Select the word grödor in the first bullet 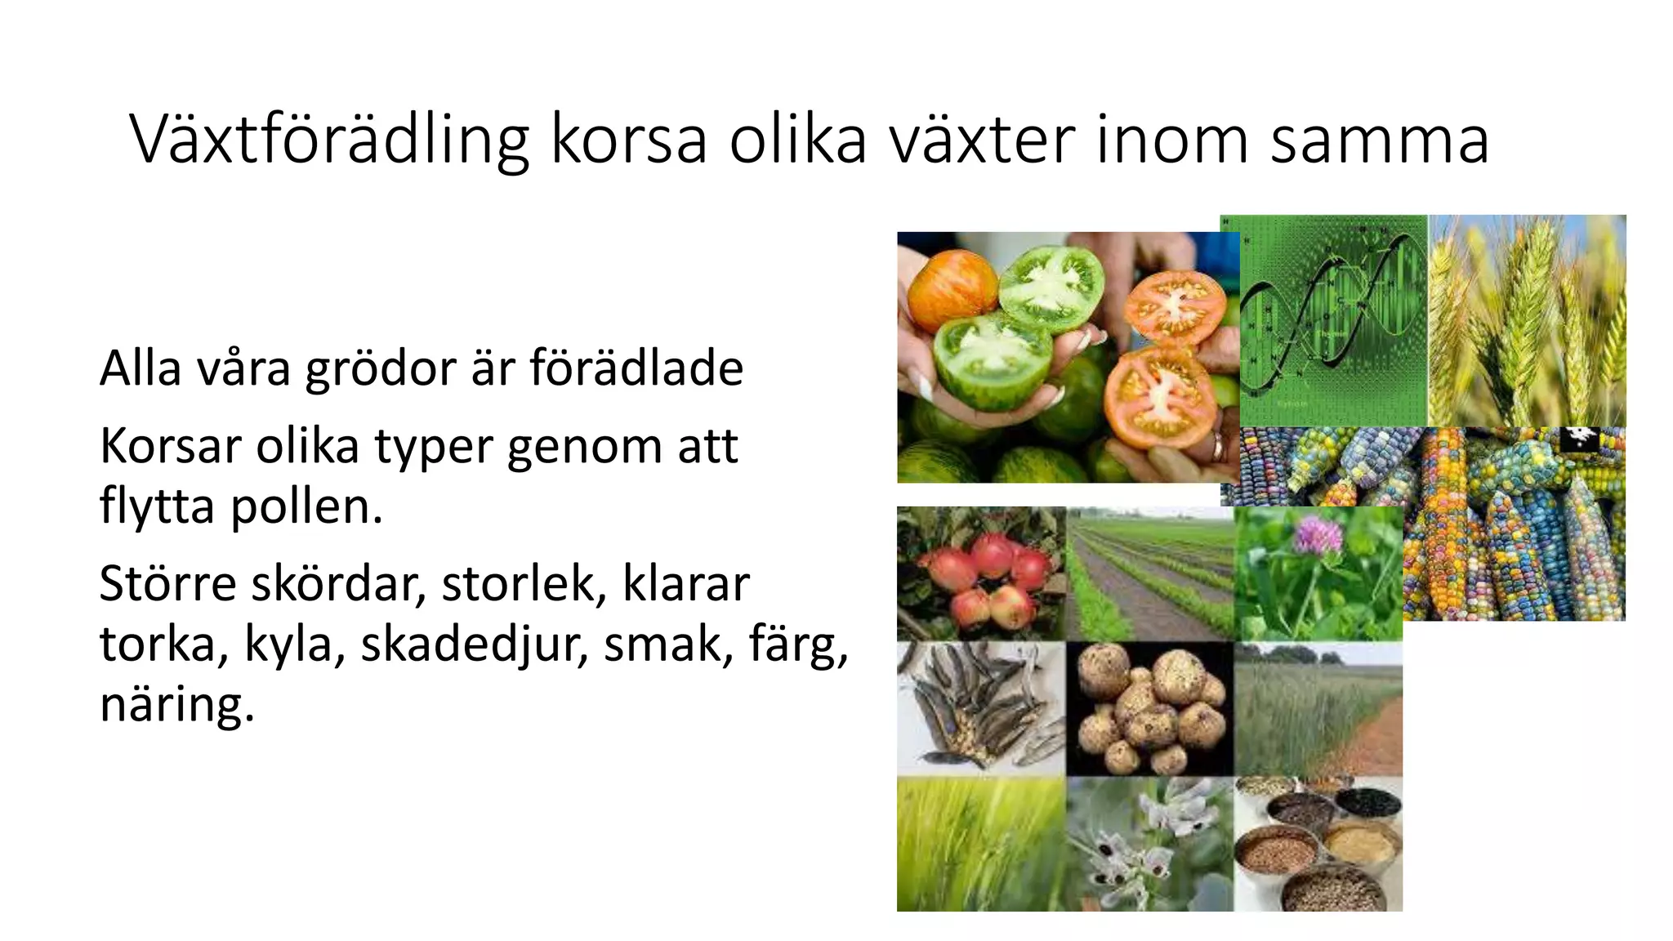click(381, 369)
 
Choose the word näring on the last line click(176, 704)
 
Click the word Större click(167, 584)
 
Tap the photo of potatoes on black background click(1149, 708)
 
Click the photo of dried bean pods click(980, 708)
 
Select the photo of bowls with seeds click(1317, 845)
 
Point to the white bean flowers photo click(1149, 845)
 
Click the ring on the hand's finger click(1218, 446)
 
